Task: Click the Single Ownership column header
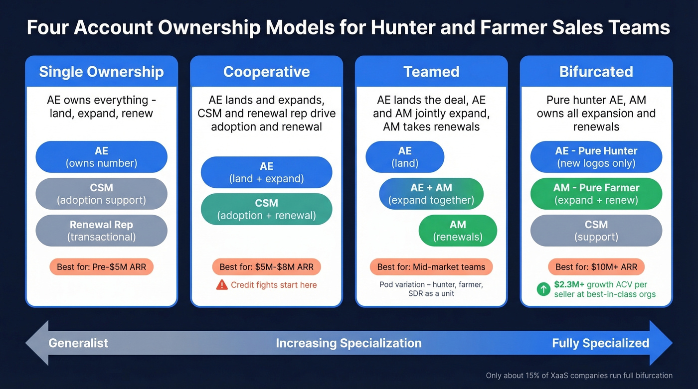click(x=101, y=72)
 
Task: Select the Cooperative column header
click(x=266, y=72)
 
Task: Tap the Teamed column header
click(x=431, y=72)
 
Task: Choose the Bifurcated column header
click(x=596, y=72)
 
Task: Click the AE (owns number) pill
click(x=101, y=157)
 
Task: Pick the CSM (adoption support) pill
click(x=101, y=194)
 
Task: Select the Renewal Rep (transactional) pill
click(x=101, y=231)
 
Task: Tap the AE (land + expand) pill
click(x=266, y=172)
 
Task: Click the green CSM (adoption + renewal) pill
click(x=266, y=209)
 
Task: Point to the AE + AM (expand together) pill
click(x=431, y=194)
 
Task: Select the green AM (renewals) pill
click(x=458, y=231)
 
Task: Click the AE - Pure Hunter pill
click(x=596, y=157)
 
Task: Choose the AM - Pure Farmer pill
click(x=596, y=194)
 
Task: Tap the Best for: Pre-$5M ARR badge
click(x=101, y=267)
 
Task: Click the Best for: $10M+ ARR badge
click(x=596, y=267)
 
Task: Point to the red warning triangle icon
click(x=222, y=285)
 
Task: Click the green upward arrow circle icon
click(x=543, y=289)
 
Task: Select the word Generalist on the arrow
click(x=78, y=343)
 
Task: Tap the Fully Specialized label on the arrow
click(x=600, y=343)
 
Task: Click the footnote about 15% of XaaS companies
click(x=579, y=376)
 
